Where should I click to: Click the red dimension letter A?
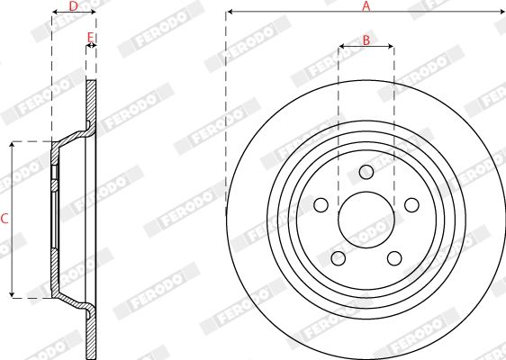[x=366, y=6]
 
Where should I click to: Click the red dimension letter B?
[x=366, y=40]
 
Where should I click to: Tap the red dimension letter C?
[x=5, y=219]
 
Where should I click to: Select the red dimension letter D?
[x=74, y=5]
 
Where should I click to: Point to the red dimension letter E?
[x=91, y=37]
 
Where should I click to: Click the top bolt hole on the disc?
[x=366, y=172]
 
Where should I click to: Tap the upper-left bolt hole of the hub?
[x=321, y=205]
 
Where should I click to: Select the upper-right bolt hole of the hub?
[x=411, y=205]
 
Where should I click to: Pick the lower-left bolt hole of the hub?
[x=339, y=258]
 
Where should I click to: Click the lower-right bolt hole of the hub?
[x=394, y=258]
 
